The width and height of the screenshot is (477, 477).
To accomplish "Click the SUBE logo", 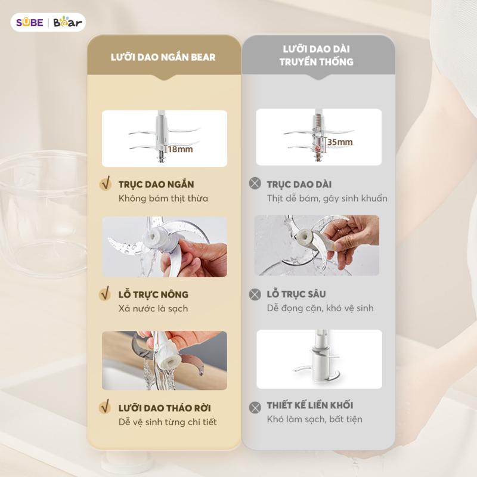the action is coord(29,22).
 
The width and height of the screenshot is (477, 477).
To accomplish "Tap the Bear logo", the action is coord(67,22).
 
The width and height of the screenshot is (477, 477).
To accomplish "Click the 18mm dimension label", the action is coord(180,149).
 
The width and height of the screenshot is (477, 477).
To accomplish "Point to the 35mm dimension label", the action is coord(340,142).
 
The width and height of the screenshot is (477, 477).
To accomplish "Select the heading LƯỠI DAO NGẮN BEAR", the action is coord(163,57).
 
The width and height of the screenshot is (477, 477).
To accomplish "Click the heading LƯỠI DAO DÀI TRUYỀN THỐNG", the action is coord(317,55).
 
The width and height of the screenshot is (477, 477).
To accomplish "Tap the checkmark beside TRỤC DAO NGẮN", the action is coord(106,184).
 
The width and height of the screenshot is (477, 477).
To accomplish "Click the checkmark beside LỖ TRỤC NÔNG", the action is coord(105,293).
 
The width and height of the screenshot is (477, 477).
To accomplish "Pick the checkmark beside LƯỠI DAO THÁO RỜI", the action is coord(105,407).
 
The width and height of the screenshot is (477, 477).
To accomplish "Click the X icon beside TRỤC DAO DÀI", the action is coord(255,184).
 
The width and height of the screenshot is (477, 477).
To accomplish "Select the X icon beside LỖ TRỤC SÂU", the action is coord(255,294).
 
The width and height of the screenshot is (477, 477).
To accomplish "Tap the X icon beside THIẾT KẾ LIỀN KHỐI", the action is coord(255,407).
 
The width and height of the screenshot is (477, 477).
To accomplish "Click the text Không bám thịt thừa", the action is coord(163,199).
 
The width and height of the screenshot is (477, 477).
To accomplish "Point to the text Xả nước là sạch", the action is coord(153,308).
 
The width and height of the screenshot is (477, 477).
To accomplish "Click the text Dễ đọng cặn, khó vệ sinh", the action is coord(320,308).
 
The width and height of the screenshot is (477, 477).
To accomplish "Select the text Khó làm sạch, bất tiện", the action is coord(315,419).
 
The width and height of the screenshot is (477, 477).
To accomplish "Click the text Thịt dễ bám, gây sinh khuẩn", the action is coord(327,199).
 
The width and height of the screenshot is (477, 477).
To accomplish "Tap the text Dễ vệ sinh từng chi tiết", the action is coord(168,422).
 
